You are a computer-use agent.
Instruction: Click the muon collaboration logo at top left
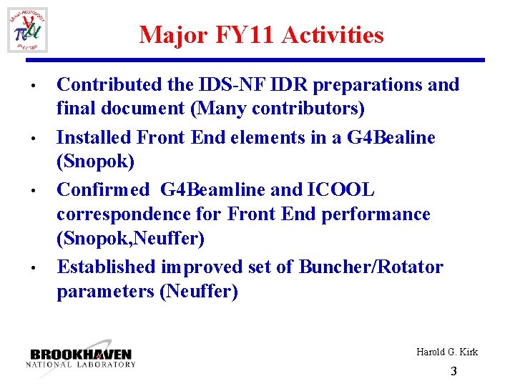(x=28, y=29)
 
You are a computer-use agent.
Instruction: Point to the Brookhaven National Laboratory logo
(x=81, y=358)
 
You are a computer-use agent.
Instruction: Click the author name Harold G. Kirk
(x=447, y=352)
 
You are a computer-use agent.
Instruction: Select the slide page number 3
(x=453, y=372)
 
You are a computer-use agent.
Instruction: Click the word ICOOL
(x=340, y=189)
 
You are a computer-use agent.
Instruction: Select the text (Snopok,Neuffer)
(x=130, y=239)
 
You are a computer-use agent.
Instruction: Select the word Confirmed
(x=104, y=189)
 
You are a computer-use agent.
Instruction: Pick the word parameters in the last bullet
(x=107, y=292)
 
